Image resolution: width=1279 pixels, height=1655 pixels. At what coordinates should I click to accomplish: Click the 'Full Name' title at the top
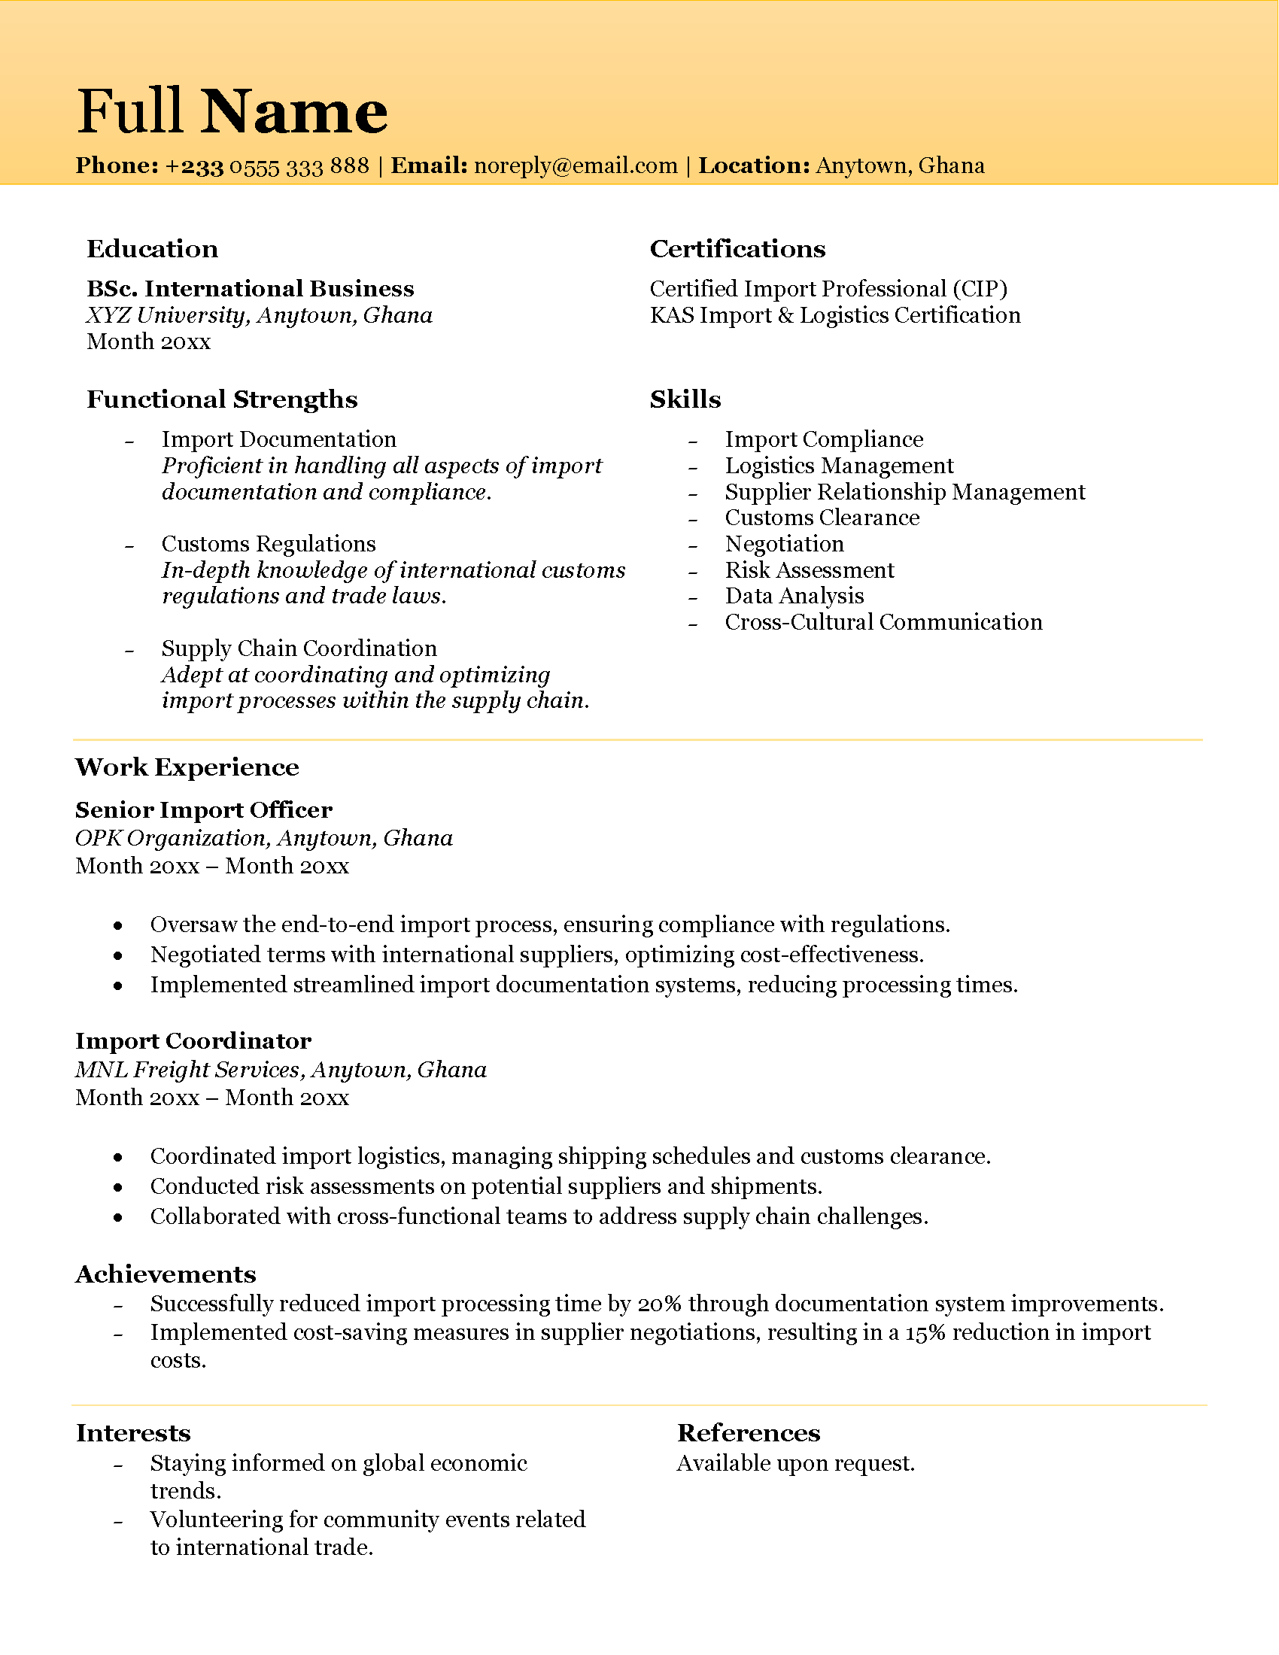coord(232,111)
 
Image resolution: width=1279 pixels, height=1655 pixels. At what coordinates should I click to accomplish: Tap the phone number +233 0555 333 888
coord(267,166)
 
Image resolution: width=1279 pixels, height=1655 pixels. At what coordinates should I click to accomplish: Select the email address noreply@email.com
coord(575,166)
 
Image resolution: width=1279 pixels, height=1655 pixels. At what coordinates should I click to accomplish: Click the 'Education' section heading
coord(152,248)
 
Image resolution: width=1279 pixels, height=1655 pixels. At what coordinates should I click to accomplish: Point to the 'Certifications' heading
coord(737,248)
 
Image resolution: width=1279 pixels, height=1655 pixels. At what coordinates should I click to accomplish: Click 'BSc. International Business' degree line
coord(250,289)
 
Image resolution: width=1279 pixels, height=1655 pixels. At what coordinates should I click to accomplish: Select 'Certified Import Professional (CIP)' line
coord(828,289)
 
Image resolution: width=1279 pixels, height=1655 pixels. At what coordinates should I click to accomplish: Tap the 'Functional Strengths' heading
coord(222,399)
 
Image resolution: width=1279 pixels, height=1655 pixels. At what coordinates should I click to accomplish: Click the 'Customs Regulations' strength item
coord(269,544)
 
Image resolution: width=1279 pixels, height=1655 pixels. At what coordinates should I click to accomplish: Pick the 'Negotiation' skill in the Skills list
coord(784,544)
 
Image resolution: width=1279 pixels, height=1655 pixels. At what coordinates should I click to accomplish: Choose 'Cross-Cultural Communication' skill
coord(883,622)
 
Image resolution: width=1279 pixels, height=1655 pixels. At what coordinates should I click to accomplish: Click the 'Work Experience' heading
coord(187,767)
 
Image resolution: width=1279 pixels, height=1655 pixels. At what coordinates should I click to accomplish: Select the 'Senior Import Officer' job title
coord(204,810)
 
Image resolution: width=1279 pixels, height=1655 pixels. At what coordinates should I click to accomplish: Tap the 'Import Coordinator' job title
coord(193,1041)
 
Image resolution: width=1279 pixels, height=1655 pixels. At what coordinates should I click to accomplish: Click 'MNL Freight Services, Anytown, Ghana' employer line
coord(281,1070)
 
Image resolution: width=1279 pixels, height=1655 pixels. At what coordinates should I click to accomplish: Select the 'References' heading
coord(749,1433)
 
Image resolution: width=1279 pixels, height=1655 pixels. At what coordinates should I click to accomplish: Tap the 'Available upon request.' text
coord(795,1463)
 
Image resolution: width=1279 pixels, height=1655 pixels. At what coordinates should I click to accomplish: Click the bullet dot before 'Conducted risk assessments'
coord(118,1187)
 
